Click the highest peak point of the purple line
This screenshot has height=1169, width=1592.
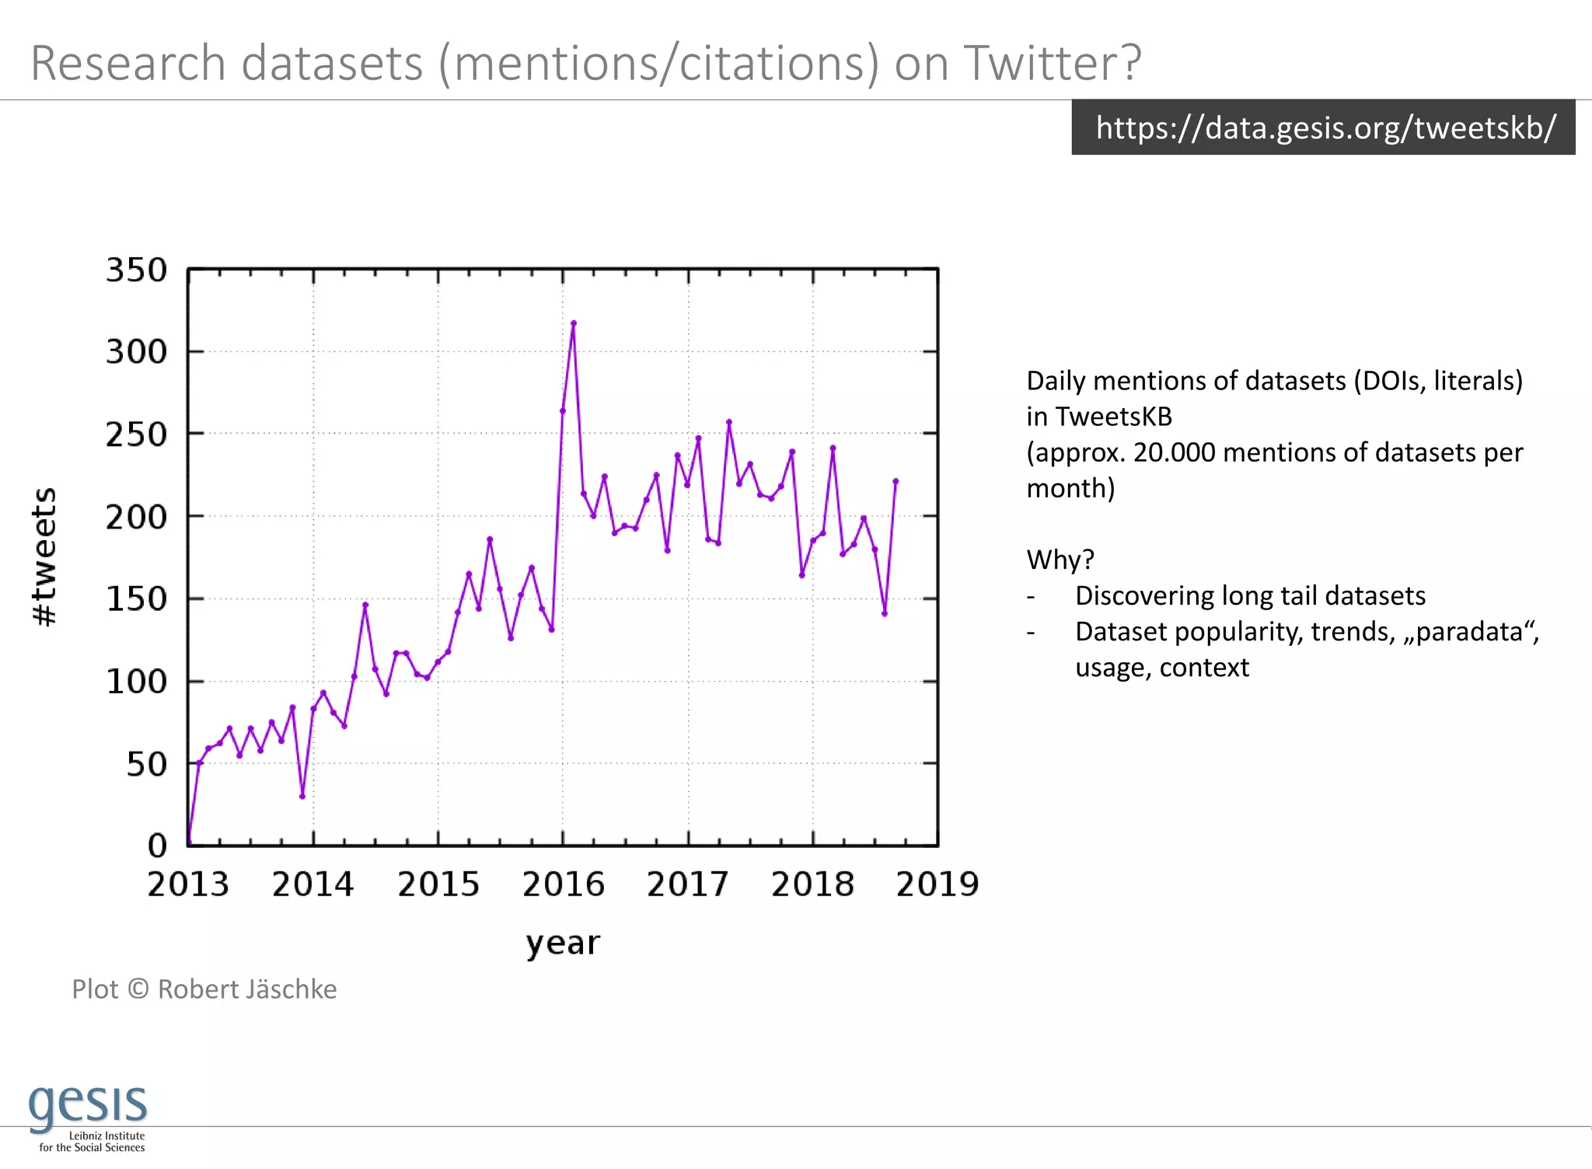574,323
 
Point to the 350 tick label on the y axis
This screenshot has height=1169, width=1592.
137,270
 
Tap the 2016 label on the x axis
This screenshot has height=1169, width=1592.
563,885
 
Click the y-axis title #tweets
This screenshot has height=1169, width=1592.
44,557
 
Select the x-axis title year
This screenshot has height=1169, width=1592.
563,943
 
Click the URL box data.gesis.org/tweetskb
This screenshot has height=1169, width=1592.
1323,127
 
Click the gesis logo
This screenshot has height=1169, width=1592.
88,1104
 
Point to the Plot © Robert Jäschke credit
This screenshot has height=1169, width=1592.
204,989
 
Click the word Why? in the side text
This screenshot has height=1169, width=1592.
1060,560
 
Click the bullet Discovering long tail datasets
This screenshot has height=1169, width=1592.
1249,595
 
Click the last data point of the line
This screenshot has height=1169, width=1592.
895,481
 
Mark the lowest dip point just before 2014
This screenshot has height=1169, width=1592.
302,796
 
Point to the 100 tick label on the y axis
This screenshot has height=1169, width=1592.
137,682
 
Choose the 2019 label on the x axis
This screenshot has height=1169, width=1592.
937,885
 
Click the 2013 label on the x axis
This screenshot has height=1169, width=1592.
188,885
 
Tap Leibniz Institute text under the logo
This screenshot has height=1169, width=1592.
106,1136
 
